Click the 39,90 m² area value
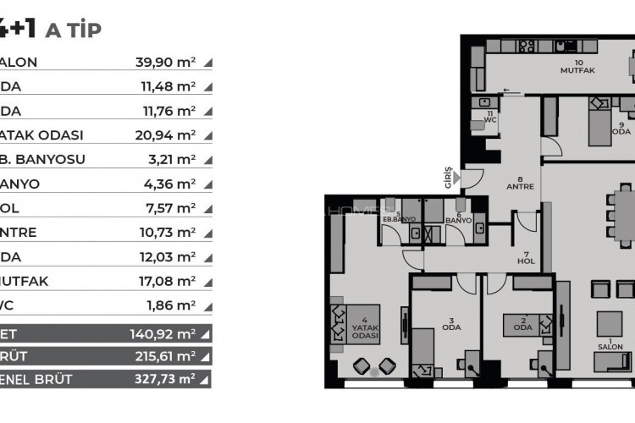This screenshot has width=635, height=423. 165,62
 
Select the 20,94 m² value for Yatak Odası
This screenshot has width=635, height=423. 165,135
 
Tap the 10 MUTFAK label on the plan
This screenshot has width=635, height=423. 578,68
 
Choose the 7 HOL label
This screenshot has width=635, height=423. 525,259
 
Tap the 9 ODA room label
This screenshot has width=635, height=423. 621,127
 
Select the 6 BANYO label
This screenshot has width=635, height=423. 458,217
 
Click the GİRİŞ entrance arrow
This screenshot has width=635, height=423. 457,178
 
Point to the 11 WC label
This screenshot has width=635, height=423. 489,116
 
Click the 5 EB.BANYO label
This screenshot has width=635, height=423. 398,217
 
